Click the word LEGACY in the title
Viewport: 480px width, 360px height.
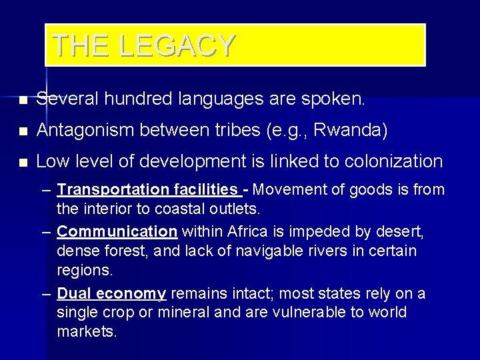coord(178,45)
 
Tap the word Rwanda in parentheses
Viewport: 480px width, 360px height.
coord(352,131)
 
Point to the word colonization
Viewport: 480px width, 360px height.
coord(396,161)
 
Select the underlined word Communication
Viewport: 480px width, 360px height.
coord(117,232)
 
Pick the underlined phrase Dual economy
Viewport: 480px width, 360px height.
coord(111,293)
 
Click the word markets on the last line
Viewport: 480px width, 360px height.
coord(87,331)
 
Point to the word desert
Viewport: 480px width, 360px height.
coord(405,232)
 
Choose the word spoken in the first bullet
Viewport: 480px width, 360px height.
coord(339,100)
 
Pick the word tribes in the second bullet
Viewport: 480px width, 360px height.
coord(238,131)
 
